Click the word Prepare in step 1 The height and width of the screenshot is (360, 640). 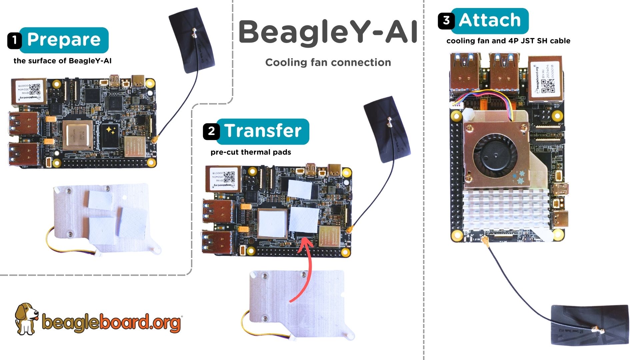click(64, 40)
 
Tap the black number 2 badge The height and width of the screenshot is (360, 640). click(211, 131)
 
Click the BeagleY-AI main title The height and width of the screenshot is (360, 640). click(328, 32)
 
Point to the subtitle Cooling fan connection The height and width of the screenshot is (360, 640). click(328, 62)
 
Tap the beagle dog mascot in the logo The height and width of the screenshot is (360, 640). click(26, 318)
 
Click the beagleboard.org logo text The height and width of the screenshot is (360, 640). click(112, 322)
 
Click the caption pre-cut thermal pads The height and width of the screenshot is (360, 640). click(251, 152)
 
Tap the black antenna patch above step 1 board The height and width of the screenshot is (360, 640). click(192, 40)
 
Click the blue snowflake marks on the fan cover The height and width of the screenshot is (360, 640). click(519, 178)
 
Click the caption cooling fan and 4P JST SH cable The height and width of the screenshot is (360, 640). click(508, 41)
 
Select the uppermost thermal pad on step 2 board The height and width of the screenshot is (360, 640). click(299, 189)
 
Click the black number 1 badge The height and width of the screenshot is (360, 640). click(14, 40)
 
